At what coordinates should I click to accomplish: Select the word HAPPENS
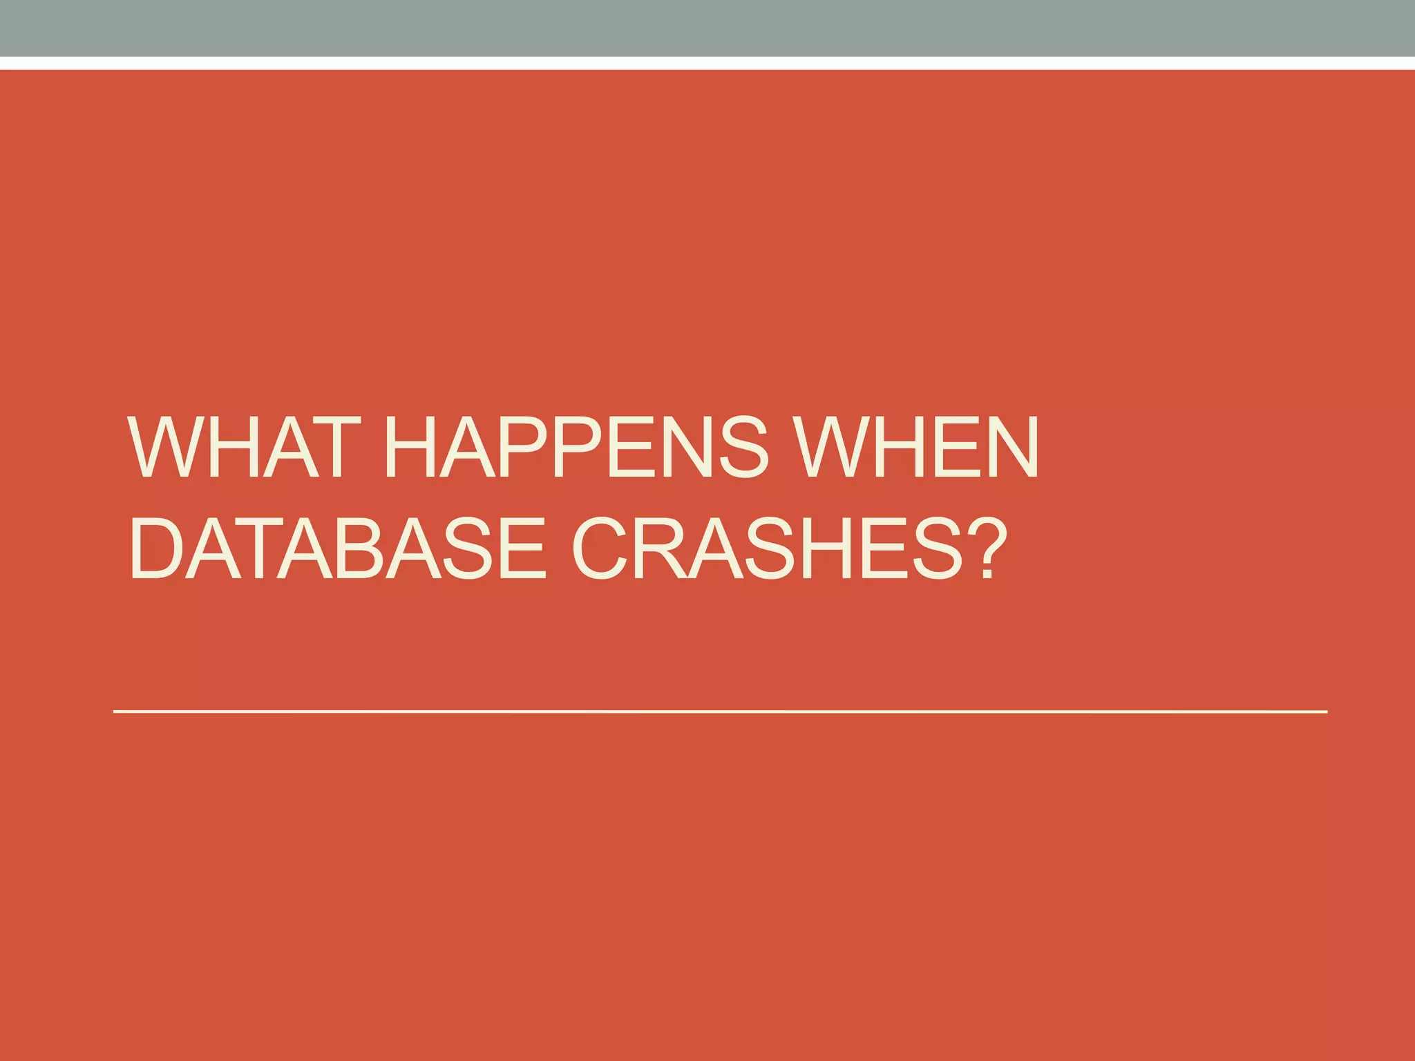point(576,447)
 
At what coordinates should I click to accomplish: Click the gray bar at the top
point(707,28)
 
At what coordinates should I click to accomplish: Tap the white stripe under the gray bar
point(707,63)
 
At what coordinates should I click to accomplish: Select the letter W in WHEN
point(833,447)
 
